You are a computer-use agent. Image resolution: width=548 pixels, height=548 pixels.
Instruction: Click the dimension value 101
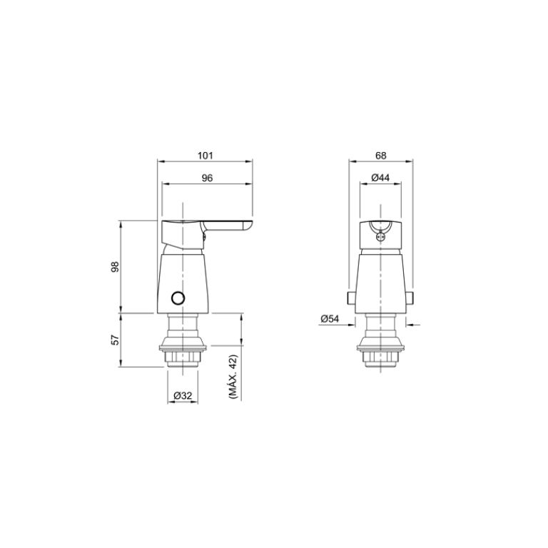(x=205, y=155)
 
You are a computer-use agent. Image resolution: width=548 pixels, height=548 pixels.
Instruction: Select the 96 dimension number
(x=207, y=178)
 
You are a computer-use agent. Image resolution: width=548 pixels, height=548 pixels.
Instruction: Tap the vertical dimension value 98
(x=114, y=267)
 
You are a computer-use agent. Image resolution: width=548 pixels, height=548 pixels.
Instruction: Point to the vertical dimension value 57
(x=114, y=340)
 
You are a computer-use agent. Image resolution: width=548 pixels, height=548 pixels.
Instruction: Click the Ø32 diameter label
(x=182, y=395)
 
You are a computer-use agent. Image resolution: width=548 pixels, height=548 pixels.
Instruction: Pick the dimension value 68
(x=380, y=155)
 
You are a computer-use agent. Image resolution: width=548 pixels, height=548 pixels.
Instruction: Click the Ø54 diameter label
(x=329, y=320)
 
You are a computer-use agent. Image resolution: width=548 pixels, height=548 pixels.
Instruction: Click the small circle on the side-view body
(x=178, y=298)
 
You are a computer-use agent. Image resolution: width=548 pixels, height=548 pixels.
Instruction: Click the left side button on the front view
(x=350, y=297)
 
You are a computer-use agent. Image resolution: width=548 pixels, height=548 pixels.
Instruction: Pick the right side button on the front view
(x=411, y=297)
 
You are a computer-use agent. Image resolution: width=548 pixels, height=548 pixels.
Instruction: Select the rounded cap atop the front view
(x=380, y=234)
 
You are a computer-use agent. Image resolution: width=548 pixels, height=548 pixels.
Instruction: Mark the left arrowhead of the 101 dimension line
(x=160, y=162)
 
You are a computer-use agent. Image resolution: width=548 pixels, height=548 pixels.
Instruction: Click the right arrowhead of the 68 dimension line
(x=412, y=162)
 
